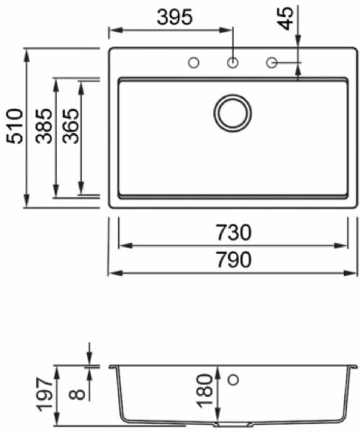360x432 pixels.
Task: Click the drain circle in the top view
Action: [x=233, y=113]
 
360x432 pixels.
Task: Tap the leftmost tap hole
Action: [x=193, y=63]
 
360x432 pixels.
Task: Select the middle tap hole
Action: [x=233, y=63]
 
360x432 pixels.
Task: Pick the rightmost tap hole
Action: [x=272, y=63]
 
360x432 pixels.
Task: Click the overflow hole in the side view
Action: [x=233, y=379]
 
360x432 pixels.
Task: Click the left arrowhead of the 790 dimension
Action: [x=112, y=274]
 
